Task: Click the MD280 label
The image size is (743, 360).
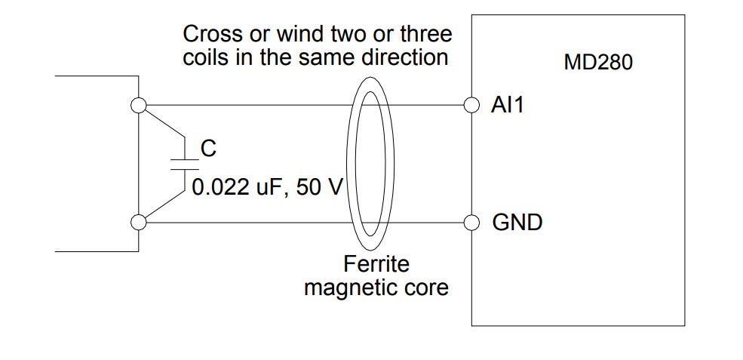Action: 598,63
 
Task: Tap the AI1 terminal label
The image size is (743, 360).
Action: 508,105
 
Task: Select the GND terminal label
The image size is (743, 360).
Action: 517,223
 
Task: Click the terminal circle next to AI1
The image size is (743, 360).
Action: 471,105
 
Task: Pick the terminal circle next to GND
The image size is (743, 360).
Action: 471,223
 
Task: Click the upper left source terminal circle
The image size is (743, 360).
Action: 138,105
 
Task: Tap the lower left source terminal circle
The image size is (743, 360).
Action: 138,223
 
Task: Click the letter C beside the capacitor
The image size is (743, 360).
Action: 208,149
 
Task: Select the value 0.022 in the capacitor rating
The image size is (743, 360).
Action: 220,187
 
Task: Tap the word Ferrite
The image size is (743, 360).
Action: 376,263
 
